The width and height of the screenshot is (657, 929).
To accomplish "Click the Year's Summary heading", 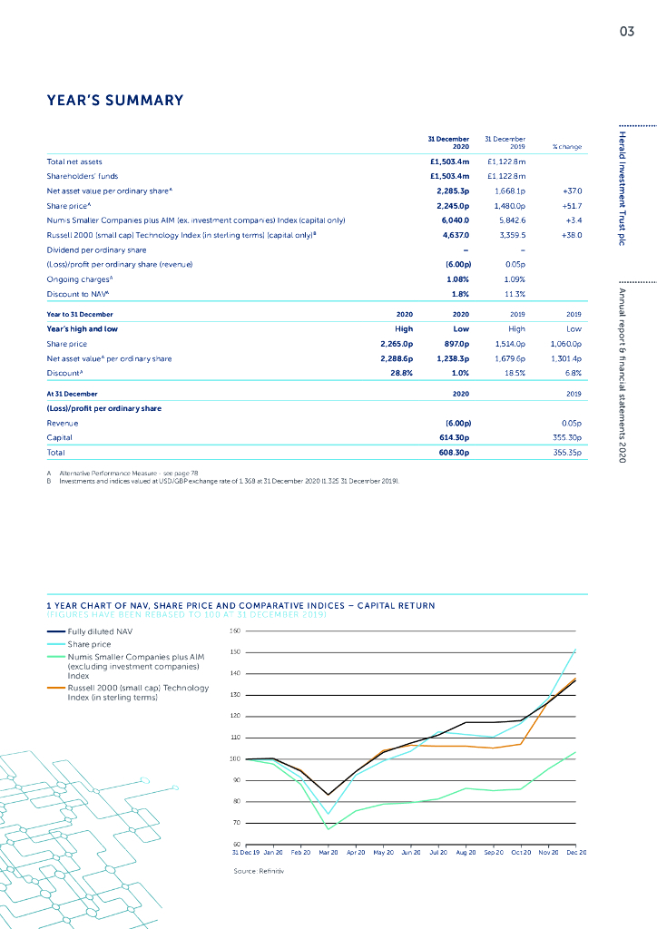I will coord(115,101).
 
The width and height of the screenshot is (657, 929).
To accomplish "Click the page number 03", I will coord(626,32).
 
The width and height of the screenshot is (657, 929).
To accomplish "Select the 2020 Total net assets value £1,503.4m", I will coord(448,161).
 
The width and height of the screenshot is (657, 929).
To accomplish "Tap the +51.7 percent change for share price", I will coord(571,205).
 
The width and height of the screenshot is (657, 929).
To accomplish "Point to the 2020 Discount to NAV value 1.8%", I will coord(459,294).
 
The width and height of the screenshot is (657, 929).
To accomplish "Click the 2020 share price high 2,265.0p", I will coord(396,345).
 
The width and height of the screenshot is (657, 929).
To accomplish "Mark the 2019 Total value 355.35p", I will coord(565,452).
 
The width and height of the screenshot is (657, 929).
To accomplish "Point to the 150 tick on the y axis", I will coord(233,652).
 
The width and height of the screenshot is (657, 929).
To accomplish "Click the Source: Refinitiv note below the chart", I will coord(259,871).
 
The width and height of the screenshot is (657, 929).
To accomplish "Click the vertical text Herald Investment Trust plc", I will coord(626,191).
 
